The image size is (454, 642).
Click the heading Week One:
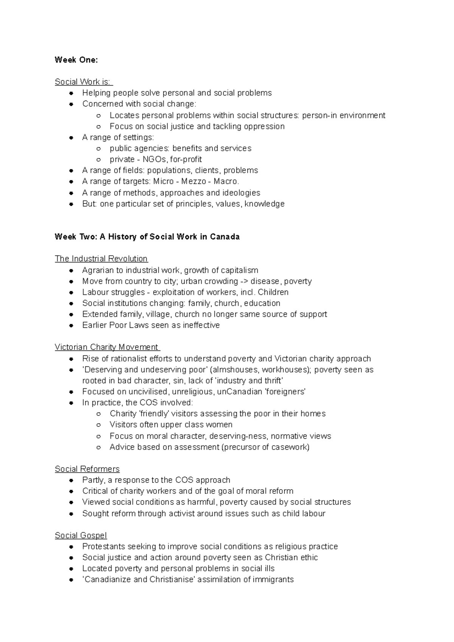tap(76, 60)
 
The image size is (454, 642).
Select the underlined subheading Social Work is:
tap(83, 82)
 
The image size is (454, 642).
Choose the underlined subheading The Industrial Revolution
tap(101, 259)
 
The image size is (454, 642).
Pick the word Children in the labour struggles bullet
tap(273, 292)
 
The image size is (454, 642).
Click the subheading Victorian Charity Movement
tap(107, 347)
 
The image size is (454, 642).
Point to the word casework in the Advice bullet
tap(292, 447)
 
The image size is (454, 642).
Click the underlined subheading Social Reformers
tap(87, 469)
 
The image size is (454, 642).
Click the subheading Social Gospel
tap(81, 535)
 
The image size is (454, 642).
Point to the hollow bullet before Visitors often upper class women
tap(99, 425)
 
